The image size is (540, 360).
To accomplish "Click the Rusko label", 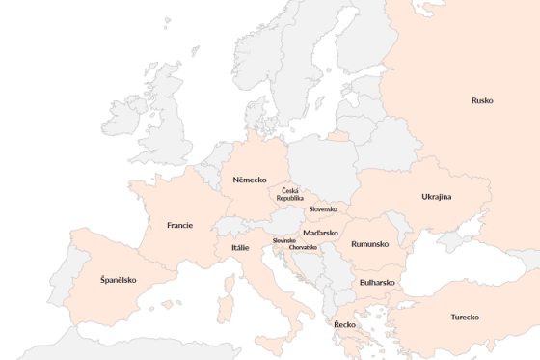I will (482, 100).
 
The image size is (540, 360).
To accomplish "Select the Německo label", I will (250, 180).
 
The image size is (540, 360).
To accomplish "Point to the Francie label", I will (179, 225).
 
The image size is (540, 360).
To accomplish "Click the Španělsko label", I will (119, 280).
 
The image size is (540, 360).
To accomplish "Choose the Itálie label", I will (240, 247).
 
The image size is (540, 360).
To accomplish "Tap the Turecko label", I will (465, 317).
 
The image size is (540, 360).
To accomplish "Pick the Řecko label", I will (344, 324).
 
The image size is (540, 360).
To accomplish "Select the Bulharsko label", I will (377, 282).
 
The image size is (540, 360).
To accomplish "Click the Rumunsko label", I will (370, 244).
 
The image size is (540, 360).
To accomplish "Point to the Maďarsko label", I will (320, 233).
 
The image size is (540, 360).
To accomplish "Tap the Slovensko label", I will (323, 208).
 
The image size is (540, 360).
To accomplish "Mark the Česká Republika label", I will (289, 194).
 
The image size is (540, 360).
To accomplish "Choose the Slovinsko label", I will (283, 240).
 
